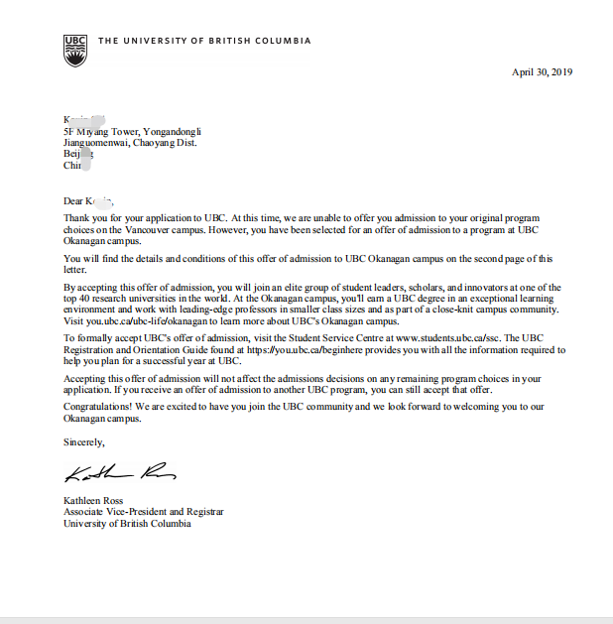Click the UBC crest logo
click(75, 50)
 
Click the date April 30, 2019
click(542, 71)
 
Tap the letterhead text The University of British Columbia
click(204, 41)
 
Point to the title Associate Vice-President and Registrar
click(143, 512)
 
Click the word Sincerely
click(83, 441)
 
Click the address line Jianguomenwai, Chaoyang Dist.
click(129, 143)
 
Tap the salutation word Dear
click(73, 200)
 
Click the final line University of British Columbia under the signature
click(127, 524)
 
